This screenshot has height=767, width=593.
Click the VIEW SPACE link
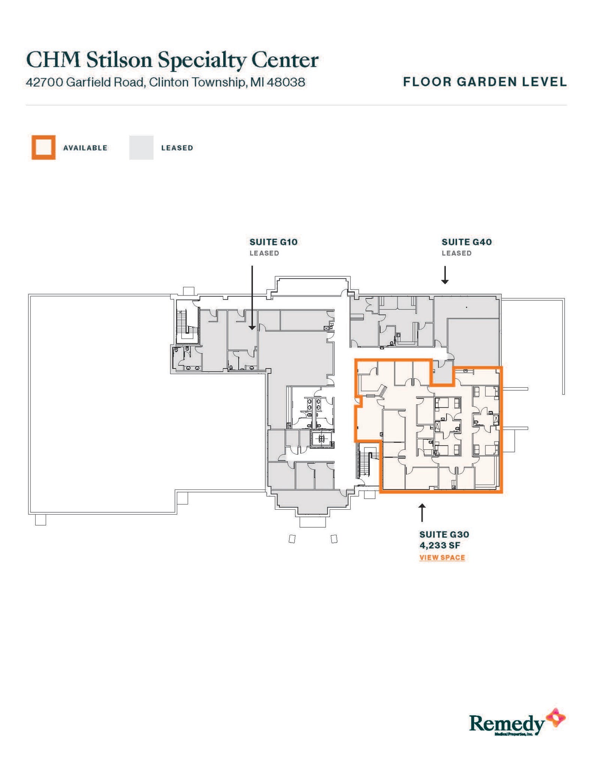tap(442, 557)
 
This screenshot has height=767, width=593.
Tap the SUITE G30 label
tap(444, 534)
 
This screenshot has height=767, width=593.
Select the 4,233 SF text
tap(439, 545)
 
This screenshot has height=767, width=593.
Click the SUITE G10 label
tap(273, 242)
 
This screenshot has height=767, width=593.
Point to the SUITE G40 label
tap(466, 242)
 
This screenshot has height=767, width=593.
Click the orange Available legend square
tap(43, 148)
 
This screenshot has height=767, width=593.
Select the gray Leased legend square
tap(141, 148)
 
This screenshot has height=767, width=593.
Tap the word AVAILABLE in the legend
tap(85, 148)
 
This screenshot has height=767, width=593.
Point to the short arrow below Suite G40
tap(445, 275)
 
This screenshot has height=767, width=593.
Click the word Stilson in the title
tap(119, 60)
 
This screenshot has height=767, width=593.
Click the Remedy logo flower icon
tap(556, 718)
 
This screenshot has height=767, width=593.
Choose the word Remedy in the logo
tap(506, 723)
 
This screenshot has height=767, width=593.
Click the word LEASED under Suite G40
tap(456, 253)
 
